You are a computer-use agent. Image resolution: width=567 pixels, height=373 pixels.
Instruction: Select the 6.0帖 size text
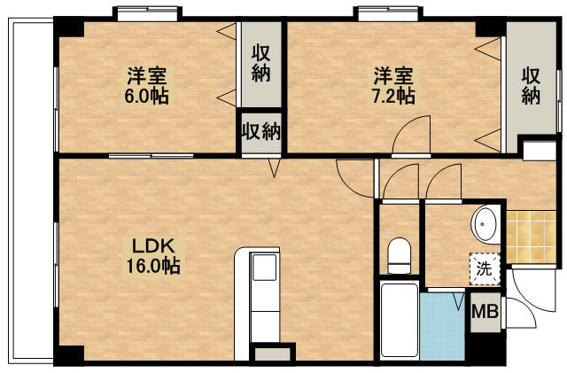pyautogui.click(x=146, y=96)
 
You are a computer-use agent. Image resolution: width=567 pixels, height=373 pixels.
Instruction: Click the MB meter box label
pyautogui.click(x=484, y=312)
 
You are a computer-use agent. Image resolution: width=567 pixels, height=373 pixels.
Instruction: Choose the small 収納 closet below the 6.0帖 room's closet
pyautogui.click(x=261, y=133)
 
